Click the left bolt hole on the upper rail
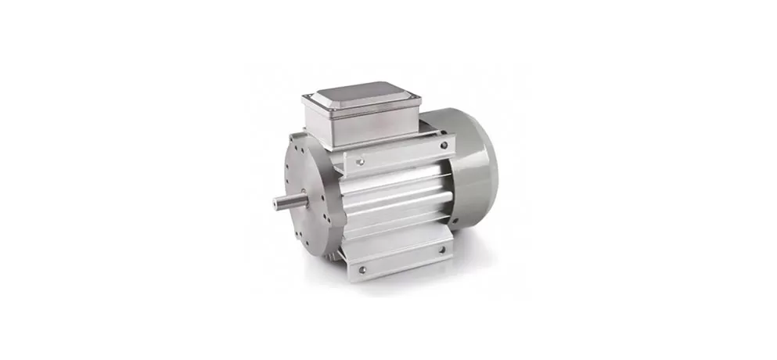[361, 162]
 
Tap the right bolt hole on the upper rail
[444, 145]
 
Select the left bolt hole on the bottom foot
[361, 270]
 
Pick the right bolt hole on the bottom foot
[442, 250]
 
